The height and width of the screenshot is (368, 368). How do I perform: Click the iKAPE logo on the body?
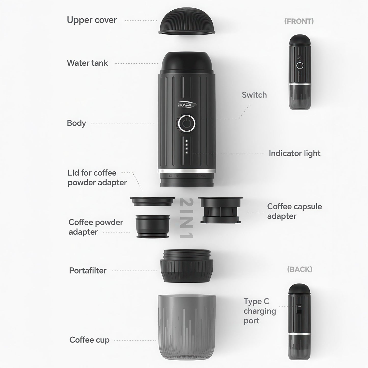(x=187, y=105)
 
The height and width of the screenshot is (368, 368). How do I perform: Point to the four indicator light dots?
(x=187, y=147)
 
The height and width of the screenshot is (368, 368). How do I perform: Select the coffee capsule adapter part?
(x=221, y=210)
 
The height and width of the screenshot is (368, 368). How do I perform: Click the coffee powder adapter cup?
(x=153, y=226)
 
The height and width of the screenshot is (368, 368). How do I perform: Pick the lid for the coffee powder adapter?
(x=152, y=201)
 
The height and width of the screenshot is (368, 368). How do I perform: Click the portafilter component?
(x=187, y=266)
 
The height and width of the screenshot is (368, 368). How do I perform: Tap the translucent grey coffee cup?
(x=187, y=327)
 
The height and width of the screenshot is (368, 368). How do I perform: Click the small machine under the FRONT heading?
(x=300, y=72)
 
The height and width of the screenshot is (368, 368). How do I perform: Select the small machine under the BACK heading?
(x=299, y=322)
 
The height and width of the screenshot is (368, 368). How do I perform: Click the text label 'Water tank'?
(x=87, y=63)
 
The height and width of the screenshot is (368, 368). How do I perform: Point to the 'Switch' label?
(x=254, y=95)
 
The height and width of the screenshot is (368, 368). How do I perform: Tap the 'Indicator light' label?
(x=294, y=153)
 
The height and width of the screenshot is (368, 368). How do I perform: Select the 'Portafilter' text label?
(x=88, y=270)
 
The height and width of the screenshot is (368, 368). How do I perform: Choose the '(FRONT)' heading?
(x=299, y=21)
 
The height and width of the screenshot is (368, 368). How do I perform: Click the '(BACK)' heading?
(x=299, y=269)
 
